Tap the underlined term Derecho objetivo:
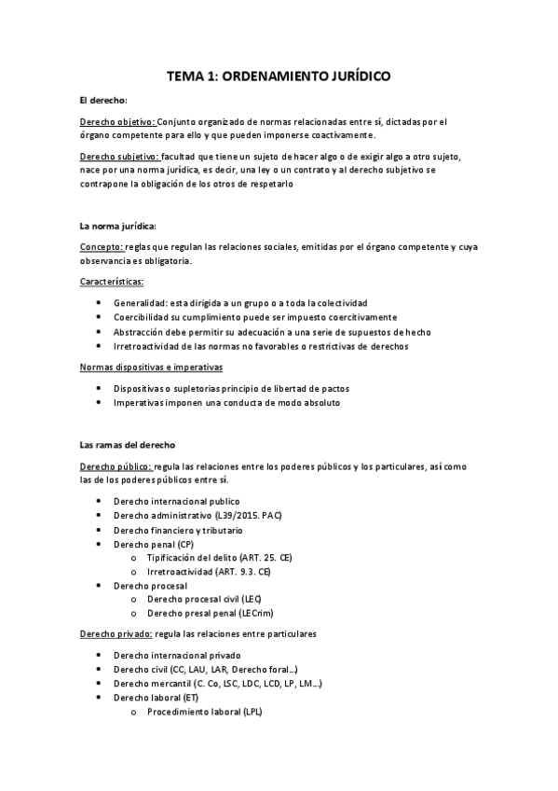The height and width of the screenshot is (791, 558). [x=118, y=121]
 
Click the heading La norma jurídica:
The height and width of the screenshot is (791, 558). [x=117, y=226]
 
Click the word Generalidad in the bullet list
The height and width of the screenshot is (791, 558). [x=141, y=303]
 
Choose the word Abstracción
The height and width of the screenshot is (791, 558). [x=142, y=331]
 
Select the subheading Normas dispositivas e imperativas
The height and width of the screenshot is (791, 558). [x=156, y=367]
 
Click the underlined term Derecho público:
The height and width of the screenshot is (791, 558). [x=115, y=466]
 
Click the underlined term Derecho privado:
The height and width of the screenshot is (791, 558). [x=116, y=633]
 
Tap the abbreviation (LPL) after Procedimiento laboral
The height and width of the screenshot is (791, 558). [x=252, y=712]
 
